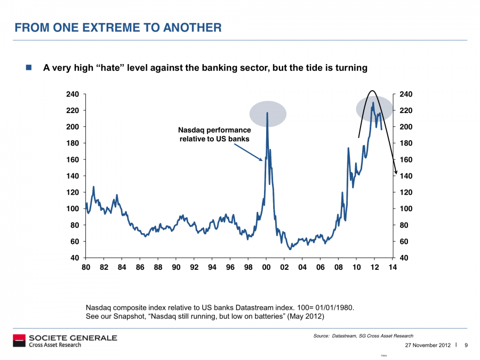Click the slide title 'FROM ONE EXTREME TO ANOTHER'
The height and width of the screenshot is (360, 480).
point(118,27)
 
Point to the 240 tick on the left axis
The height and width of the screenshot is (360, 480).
point(73,94)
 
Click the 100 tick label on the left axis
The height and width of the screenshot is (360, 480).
point(73,209)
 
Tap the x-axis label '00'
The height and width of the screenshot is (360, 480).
point(267,268)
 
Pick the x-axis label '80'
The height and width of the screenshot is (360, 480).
point(86,268)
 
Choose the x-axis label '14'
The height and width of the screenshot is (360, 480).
point(393,268)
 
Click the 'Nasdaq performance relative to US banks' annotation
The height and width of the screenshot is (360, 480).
point(214,134)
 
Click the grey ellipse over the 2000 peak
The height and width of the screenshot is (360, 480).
point(268,114)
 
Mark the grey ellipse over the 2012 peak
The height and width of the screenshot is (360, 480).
point(373,109)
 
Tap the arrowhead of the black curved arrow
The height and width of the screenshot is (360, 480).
point(395,171)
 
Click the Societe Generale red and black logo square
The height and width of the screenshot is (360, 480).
point(19,341)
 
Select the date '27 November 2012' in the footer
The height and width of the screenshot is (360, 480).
point(428,345)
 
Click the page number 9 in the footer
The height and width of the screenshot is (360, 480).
point(466,345)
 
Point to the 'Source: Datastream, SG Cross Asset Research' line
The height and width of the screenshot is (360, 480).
point(363,336)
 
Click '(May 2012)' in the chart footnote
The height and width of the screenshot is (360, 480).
point(306,316)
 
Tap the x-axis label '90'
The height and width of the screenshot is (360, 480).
point(176,268)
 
